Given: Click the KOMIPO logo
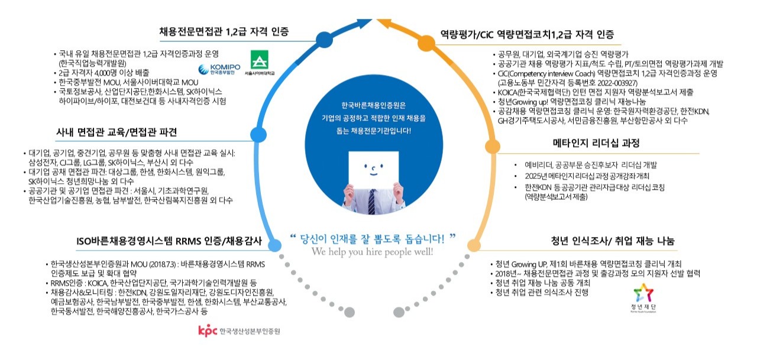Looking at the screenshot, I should click(219, 70).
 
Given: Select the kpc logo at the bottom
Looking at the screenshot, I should click(239, 332).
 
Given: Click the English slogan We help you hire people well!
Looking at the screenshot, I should click(373, 252).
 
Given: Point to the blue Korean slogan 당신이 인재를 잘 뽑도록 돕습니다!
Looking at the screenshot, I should click(373, 238).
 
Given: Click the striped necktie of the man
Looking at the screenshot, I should click(372, 202).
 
